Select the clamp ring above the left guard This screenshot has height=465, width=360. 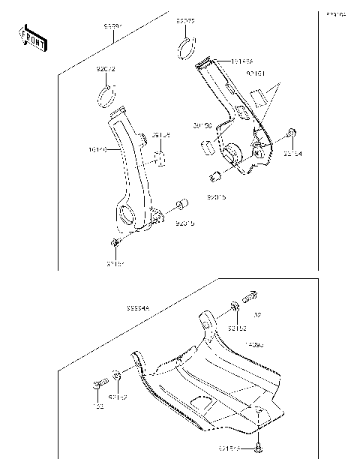[x=107, y=95]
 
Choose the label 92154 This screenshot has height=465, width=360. [x=292, y=154]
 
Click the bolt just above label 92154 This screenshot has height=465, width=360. [x=291, y=135]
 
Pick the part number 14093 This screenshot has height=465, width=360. [x=255, y=343]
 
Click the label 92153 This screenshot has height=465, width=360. [x=237, y=328]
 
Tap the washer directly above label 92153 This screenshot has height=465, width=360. [x=235, y=306]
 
